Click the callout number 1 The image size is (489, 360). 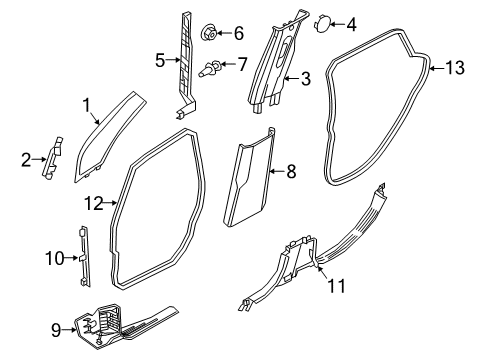tap(86, 102)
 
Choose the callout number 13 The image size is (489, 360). tap(455, 68)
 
